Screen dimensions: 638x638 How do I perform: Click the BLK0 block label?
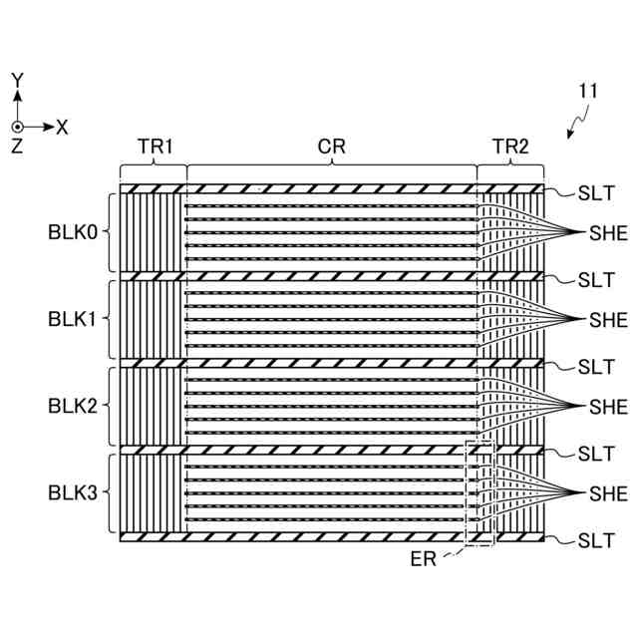(73, 232)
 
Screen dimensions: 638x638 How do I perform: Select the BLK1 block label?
(73, 319)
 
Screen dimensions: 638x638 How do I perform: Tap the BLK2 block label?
(73, 406)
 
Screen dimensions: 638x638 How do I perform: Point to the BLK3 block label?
(73, 492)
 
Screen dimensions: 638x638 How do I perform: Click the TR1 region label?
(155, 147)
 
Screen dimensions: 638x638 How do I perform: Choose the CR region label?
(331, 147)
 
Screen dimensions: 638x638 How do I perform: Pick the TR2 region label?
(510, 147)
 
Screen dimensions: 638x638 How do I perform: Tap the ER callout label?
(423, 558)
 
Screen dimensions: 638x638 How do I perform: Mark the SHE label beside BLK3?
(608, 492)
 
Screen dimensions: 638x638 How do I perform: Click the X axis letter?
(62, 127)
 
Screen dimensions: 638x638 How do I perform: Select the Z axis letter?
(17, 147)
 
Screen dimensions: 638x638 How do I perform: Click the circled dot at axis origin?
(17, 127)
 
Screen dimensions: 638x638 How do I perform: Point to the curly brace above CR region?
(331, 162)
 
